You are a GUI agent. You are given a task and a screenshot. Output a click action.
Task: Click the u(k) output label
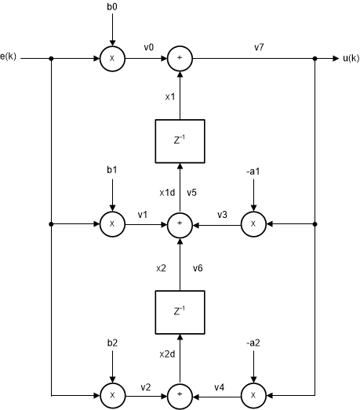(350, 58)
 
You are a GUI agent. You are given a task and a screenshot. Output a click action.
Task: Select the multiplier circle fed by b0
(112, 58)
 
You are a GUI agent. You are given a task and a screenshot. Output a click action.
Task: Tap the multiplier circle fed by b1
(112, 224)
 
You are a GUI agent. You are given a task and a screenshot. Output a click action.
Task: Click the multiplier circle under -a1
(253, 224)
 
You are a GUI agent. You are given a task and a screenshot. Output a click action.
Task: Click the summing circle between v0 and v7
(180, 58)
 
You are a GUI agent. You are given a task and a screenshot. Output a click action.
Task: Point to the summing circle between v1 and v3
(180, 224)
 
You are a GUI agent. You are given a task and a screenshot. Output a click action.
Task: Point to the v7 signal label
(259, 48)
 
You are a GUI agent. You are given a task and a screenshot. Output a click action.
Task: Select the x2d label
(165, 355)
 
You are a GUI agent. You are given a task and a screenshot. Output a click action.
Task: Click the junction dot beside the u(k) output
(315, 58)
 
